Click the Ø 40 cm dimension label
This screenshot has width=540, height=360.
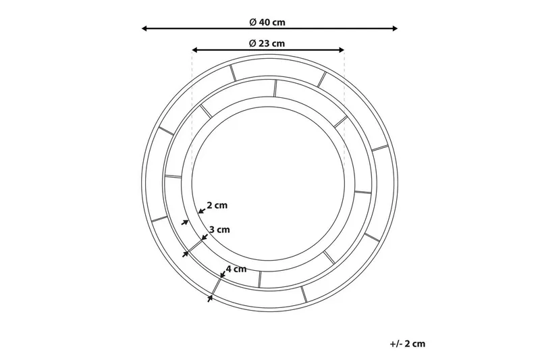point(267,22)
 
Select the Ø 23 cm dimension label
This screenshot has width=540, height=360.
point(267,44)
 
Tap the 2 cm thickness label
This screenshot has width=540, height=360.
point(217,205)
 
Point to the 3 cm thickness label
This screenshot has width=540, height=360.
point(219,230)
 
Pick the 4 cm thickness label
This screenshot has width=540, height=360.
point(236,269)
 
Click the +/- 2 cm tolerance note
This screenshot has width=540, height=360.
point(408,344)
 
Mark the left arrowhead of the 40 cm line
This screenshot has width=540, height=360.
point(144,28)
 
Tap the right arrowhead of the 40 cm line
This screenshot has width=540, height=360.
point(395,28)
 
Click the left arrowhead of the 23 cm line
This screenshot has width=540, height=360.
point(195,50)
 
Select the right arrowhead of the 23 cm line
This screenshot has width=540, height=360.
point(342,50)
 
